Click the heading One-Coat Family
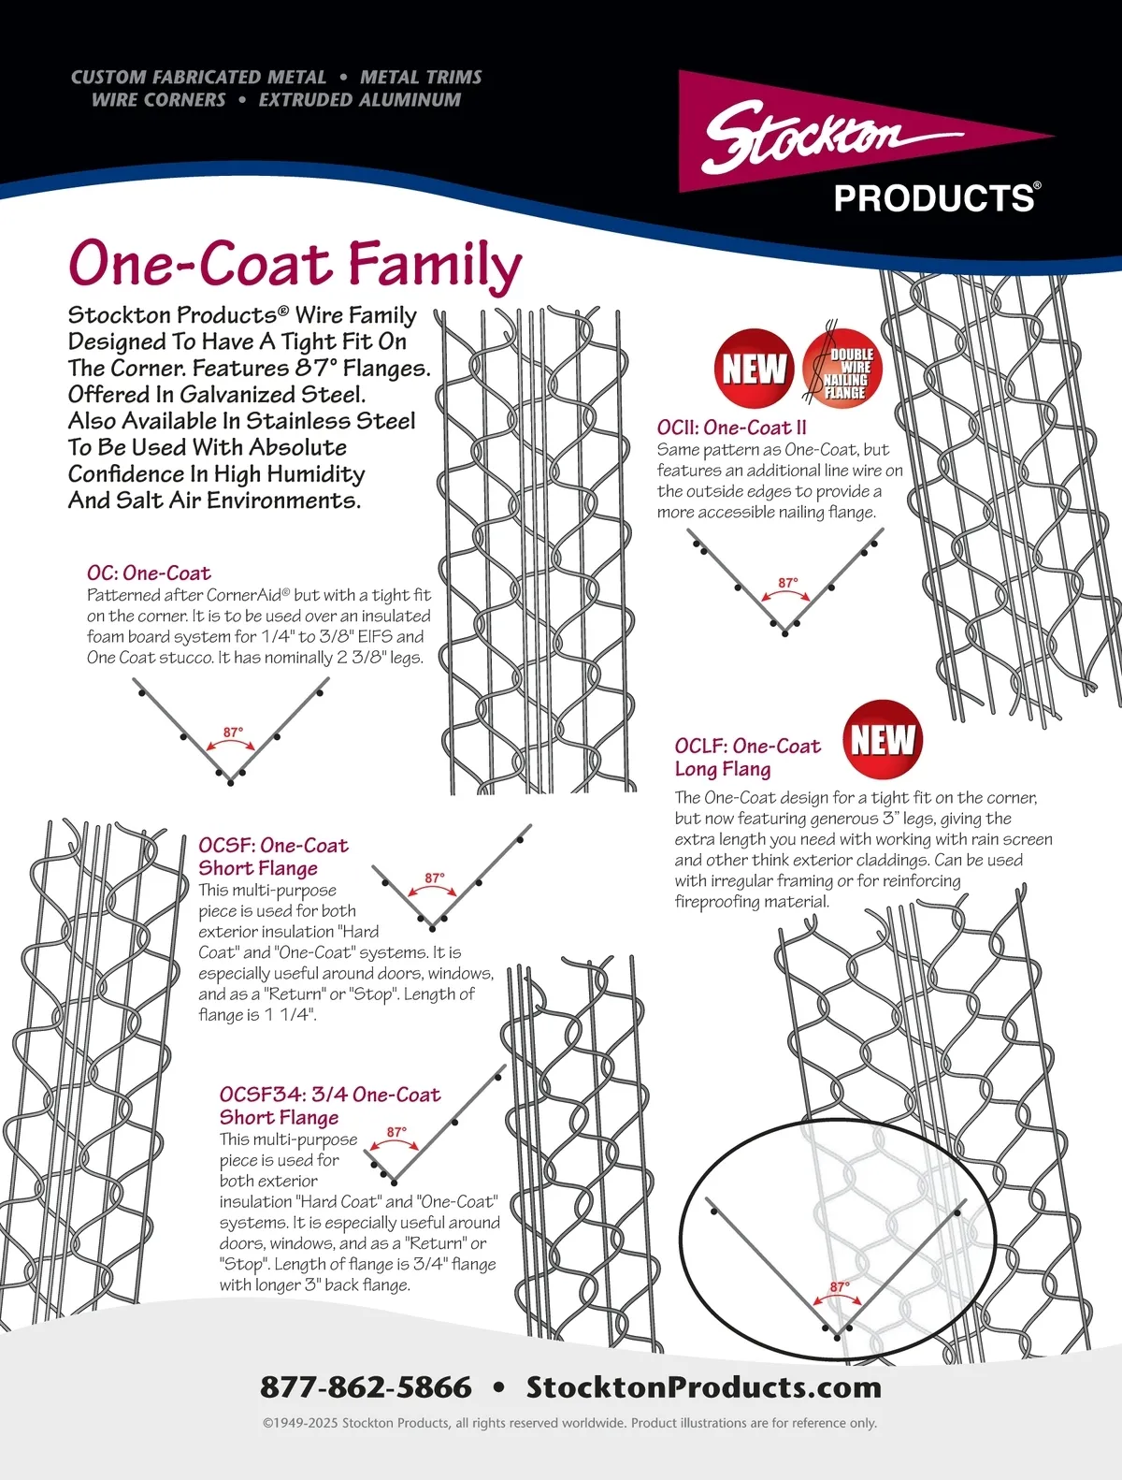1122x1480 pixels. click(295, 264)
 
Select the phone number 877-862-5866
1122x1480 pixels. click(366, 1386)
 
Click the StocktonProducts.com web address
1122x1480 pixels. click(703, 1386)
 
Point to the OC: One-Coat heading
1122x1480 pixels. click(149, 573)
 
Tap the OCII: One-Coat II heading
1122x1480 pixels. click(731, 428)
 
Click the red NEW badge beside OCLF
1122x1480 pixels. click(883, 740)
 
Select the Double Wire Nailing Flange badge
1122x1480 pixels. click(841, 368)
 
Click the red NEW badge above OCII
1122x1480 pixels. click(754, 368)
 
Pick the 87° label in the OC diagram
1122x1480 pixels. click(233, 733)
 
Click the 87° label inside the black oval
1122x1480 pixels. click(840, 1287)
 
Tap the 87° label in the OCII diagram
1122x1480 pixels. click(788, 583)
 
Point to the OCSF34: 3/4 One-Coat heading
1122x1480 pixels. click(329, 1095)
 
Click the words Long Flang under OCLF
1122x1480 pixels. click(723, 769)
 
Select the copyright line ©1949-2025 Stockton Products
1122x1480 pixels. click(568, 1423)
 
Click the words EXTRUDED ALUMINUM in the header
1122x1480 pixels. click(360, 99)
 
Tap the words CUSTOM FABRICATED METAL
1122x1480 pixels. click(199, 77)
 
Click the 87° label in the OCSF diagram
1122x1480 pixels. click(434, 878)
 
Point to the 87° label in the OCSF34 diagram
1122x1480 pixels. click(396, 1132)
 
